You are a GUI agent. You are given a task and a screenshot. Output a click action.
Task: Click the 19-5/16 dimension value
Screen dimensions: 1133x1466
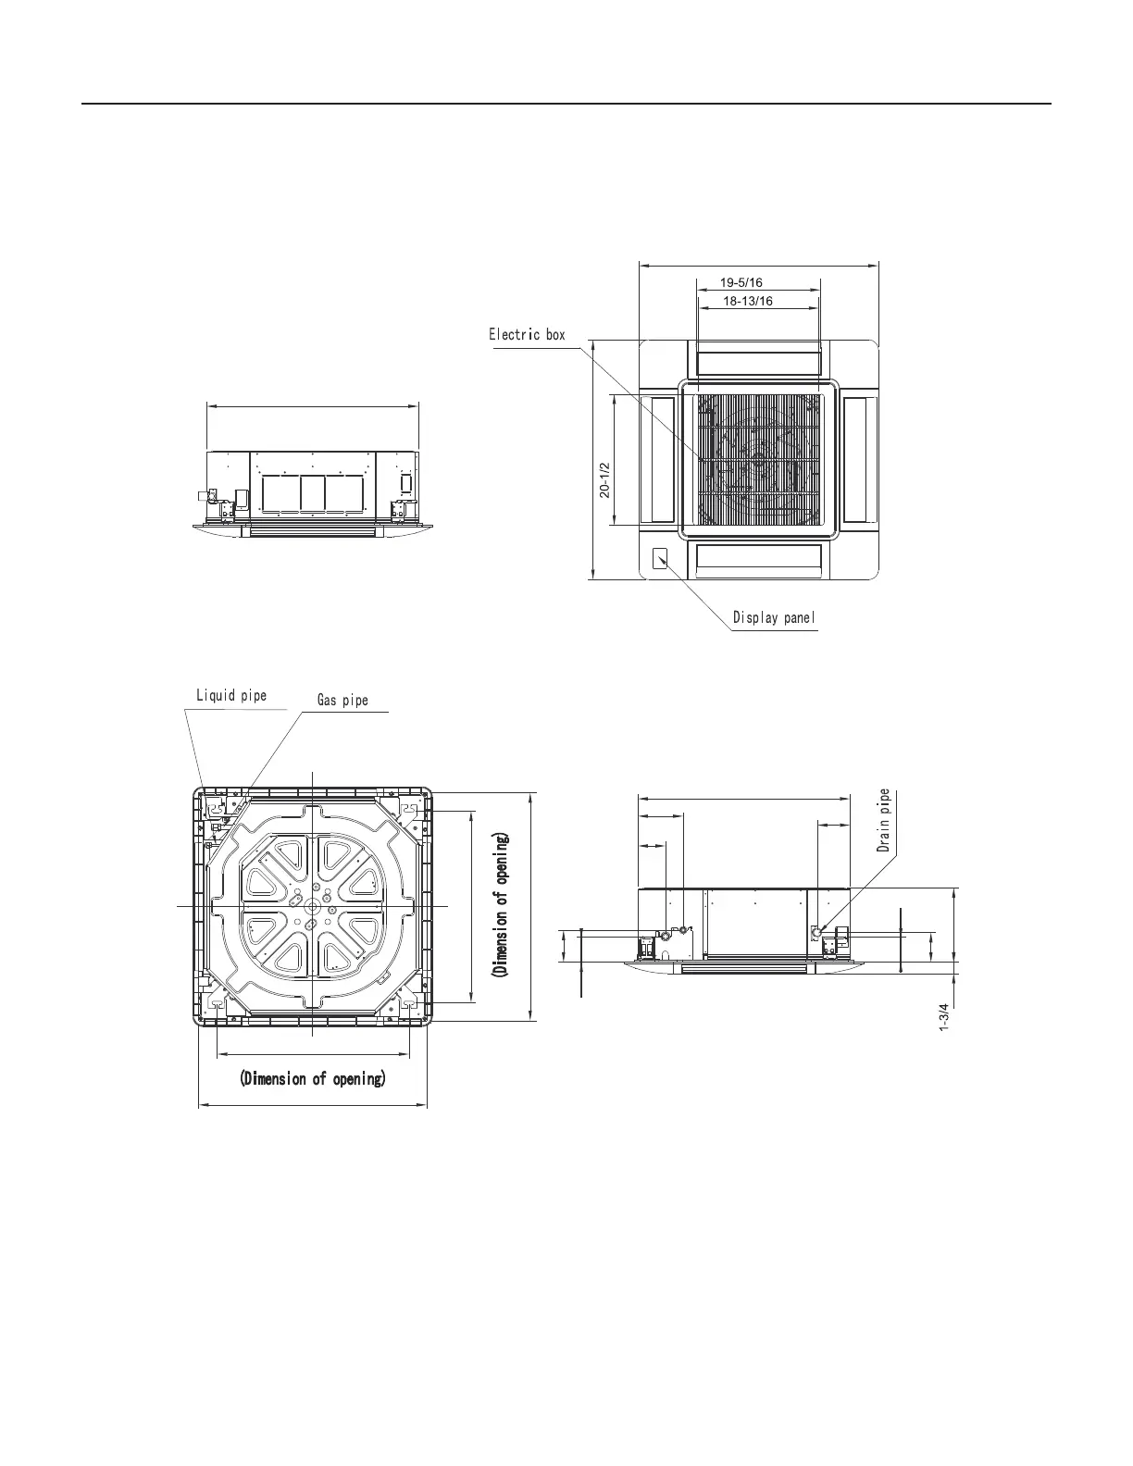click(x=741, y=282)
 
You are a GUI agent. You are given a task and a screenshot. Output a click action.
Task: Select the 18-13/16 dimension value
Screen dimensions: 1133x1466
click(x=748, y=301)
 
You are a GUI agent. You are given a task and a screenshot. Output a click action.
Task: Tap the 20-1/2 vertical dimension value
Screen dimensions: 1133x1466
click(x=605, y=479)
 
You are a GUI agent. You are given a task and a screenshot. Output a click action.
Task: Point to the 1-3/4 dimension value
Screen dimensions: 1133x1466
click(x=944, y=1016)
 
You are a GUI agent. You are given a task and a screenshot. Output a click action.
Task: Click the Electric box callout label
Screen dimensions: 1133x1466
click(x=527, y=335)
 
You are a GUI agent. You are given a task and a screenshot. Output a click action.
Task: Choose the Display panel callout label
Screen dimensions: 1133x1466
click(x=774, y=617)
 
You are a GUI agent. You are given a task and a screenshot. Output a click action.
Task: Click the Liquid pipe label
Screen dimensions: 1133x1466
click(x=231, y=696)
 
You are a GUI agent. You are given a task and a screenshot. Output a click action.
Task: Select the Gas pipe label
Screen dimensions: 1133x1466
click(x=342, y=701)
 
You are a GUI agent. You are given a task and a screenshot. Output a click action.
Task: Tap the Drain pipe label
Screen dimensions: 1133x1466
click(x=883, y=820)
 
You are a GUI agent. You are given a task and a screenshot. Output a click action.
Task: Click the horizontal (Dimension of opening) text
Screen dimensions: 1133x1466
click(x=313, y=1078)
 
